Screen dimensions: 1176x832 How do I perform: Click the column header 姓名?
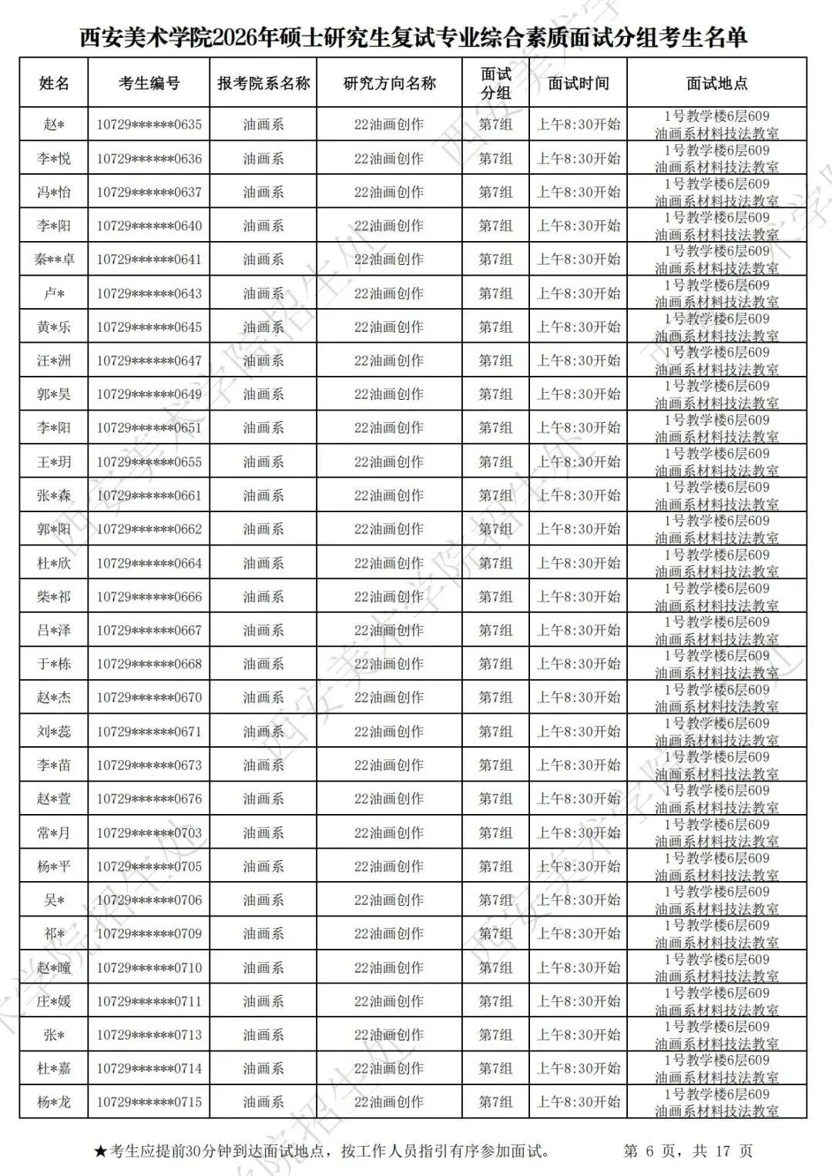pos(54,83)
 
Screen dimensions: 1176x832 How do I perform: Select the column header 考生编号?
pos(149,83)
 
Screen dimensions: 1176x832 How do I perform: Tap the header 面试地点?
pos(716,83)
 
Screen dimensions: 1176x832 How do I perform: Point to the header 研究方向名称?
pos(389,83)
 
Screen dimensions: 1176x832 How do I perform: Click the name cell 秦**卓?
pos(54,260)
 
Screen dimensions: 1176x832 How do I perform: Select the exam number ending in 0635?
pos(149,125)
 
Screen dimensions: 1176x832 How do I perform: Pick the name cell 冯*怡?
pos(54,193)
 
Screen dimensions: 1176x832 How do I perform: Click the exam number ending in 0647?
pos(149,360)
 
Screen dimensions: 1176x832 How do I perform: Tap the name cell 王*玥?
pos(54,462)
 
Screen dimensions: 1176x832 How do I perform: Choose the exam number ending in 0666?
pos(149,597)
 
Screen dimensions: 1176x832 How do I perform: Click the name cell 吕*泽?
pos(54,631)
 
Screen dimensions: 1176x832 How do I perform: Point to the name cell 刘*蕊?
pos(54,732)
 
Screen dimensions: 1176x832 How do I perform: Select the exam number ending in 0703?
pos(149,833)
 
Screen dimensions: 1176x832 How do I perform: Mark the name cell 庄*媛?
pos(54,1001)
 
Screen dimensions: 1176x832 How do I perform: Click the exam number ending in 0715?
pos(149,1102)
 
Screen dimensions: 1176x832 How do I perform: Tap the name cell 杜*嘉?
pos(54,1068)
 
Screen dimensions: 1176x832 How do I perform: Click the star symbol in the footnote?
pos(100,1152)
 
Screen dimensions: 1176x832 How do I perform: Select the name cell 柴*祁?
pos(54,597)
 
